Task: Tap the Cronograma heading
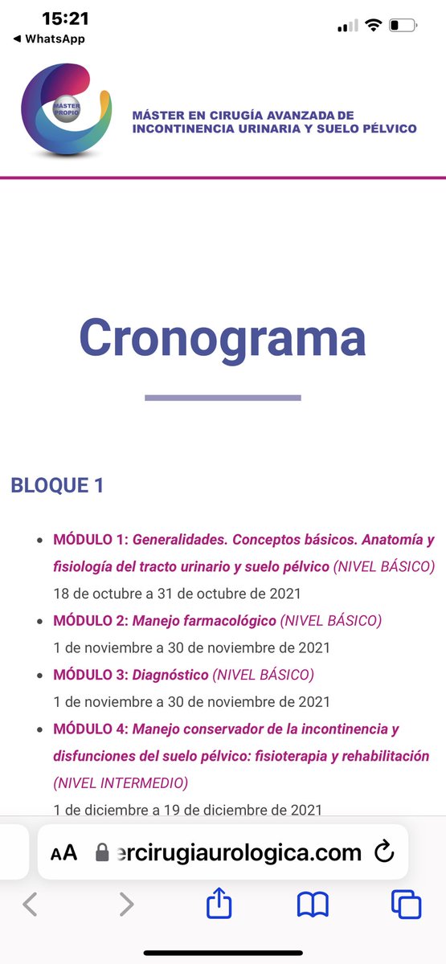click(x=223, y=338)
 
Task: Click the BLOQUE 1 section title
click(x=57, y=485)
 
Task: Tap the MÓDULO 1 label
click(x=91, y=539)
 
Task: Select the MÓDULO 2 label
click(x=91, y=620)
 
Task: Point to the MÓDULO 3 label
click(x=91, y=674)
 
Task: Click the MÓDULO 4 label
click(x=91, y=729)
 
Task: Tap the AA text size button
click(x=64, y=852)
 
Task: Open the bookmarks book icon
click(x=313, y=905)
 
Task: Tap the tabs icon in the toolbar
click(x=406, y=905)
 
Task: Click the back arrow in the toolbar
click(x=30, y=905)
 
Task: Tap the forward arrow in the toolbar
click(x=126, y=905)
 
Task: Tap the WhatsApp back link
click(x=49, y=39)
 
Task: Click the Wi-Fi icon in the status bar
click(x=372, y=25)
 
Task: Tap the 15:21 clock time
click(x=65, y=18)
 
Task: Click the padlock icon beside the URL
click(x=102, y=852)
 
